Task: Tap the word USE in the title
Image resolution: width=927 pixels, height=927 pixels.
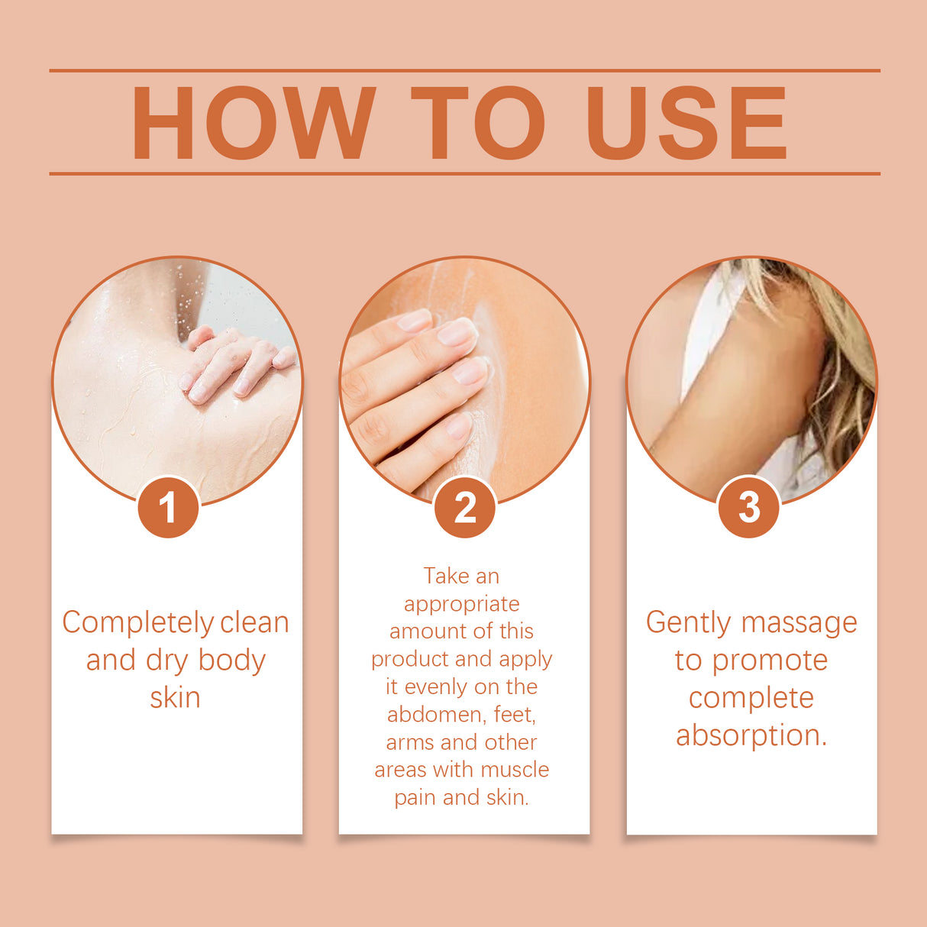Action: point(686,123)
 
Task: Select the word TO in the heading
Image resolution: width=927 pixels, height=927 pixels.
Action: point(478,123)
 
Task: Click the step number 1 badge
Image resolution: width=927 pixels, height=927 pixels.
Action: point(168,507)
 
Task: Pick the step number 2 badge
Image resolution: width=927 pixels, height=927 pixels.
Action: point(464,507)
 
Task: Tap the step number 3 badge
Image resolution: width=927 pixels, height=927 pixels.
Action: point(749,507)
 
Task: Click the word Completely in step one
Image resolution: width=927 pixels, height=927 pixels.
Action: point(138,623)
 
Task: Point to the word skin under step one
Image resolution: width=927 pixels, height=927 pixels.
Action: point(175,698)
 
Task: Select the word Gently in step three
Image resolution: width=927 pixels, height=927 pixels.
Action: point(688,623)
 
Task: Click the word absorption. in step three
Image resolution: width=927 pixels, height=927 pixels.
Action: point(751,735)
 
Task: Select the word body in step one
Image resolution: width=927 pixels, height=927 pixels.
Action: point(231,661)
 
